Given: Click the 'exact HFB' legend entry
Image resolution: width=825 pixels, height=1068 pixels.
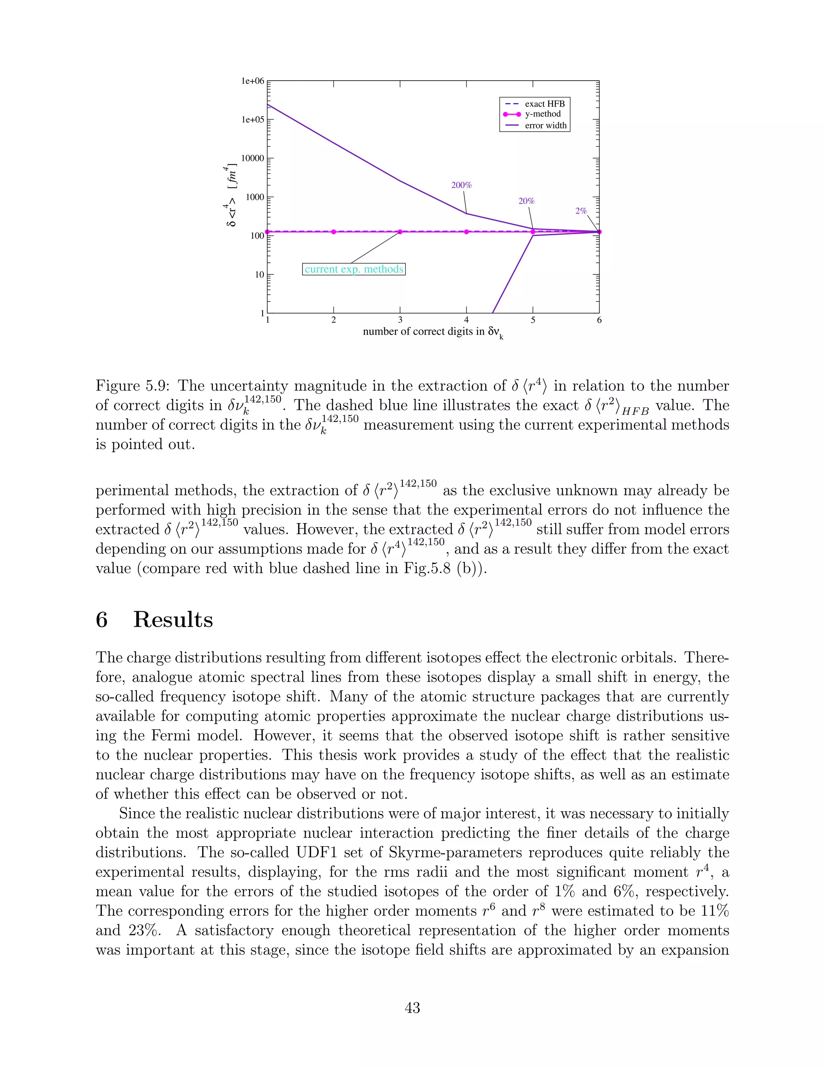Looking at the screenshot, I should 545,104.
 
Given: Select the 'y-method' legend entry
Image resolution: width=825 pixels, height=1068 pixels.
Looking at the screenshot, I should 543,114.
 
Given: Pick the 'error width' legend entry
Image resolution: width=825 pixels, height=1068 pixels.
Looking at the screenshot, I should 545,125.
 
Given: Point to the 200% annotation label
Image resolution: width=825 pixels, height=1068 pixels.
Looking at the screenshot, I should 461,185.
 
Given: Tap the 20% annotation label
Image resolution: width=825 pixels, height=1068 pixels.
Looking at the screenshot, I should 527,201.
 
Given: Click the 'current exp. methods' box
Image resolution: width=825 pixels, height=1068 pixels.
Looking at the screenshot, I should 354,269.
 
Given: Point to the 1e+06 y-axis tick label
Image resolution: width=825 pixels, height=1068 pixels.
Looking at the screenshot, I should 253,81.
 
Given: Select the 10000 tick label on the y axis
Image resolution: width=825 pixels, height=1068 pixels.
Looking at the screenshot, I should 253,158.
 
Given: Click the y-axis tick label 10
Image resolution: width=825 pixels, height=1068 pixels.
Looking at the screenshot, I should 259,274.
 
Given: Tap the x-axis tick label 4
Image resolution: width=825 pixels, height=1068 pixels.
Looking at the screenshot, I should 466,320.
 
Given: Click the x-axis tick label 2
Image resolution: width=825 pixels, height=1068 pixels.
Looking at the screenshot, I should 334,320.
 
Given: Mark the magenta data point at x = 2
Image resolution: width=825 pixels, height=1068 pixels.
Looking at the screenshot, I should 334,232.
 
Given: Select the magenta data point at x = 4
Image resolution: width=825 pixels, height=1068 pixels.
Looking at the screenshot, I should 466,232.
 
